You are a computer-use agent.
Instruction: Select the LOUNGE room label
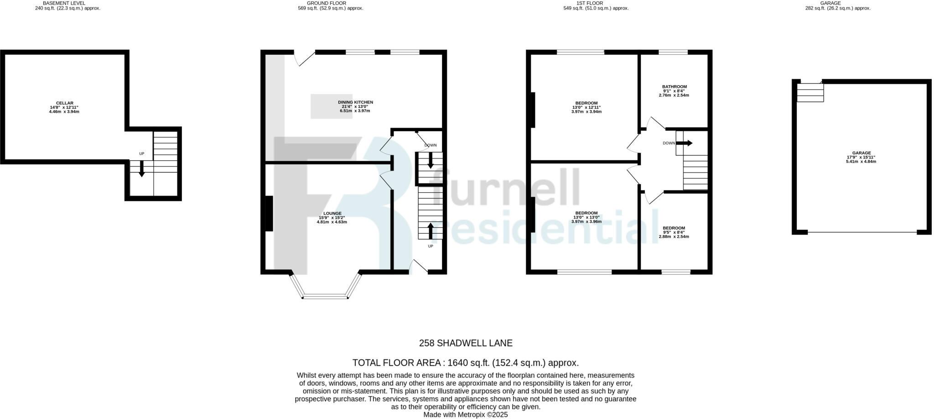point(332,213)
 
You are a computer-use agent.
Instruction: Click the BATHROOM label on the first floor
point(674,87)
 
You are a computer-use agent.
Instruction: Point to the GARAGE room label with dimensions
point(861,153)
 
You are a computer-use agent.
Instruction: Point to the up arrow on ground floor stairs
point(431,230)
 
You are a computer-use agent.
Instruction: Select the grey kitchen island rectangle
point(332,106)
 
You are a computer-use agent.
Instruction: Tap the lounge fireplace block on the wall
point(269,213)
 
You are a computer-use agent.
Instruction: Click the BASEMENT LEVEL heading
point(67,3)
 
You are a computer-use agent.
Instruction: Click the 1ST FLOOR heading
point(596,3)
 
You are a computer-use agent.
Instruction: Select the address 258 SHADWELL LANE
point(466,343)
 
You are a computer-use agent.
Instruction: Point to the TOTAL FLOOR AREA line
point(465,363)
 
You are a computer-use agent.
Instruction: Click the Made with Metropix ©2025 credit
point(465,415)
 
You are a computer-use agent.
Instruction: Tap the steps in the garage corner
point(810,92)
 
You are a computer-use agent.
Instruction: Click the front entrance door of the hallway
point(419,268)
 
